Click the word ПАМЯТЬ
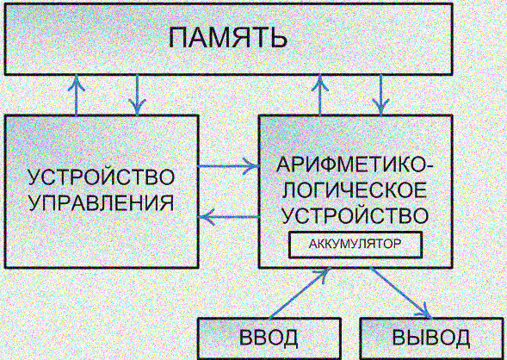(228, 38)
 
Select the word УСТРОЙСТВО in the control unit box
(102, 177)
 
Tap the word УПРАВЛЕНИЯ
(102, 203)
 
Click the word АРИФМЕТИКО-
(355, 165)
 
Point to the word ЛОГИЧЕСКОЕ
(355, 190)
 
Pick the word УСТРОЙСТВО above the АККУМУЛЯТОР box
(355, 216)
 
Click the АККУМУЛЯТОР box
(356, 245)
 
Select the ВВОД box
(269, 338)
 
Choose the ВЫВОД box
(431, 338)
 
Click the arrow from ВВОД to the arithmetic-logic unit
(299, 293)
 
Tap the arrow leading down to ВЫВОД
(401, 293)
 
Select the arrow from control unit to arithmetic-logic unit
(229, 166)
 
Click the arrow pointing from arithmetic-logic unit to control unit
(229, 217)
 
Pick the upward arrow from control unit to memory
(77, 95)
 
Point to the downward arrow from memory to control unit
(137, 95)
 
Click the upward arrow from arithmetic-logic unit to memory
(320, 95)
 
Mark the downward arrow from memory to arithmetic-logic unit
(380, 95)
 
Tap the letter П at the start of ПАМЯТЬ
(177, 38)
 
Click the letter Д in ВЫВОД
(461, 338)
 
